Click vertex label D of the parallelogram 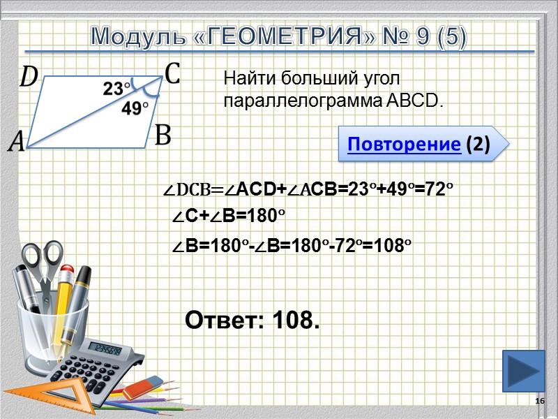[29, 76]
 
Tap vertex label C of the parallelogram [172, 73]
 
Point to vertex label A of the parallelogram [16, 143]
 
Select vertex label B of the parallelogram [162, 135]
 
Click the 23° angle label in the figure [116, 89]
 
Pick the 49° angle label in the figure [135, 108]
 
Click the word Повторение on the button [403, 145]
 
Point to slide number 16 [539, 401]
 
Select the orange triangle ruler [42, 395]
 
